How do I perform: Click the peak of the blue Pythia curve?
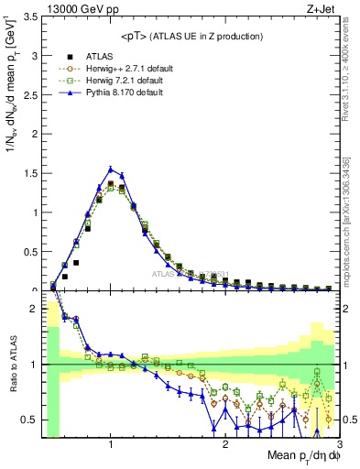[111, 169]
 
